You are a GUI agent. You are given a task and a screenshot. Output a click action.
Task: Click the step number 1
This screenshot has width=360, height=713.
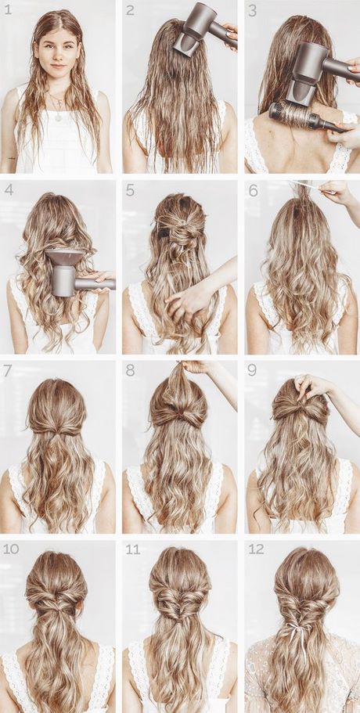click(x=7, y=10)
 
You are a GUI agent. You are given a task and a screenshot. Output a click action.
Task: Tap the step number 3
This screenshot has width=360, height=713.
click(x=252, y=10)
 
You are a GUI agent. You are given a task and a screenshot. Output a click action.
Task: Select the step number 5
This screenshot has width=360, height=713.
click(x=130, y=189)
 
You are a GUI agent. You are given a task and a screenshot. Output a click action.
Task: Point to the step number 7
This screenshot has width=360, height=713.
click(x=7, y=369)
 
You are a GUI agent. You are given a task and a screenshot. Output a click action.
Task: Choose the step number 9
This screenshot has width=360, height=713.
click(x=252, y=369)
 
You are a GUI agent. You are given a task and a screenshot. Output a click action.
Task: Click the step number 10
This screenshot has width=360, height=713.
click(x=10, y=549)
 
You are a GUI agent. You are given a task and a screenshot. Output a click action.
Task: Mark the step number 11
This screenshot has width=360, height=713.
click(x=132, y=549)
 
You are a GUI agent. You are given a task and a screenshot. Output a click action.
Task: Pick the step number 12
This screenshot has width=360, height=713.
click(x=256, y=549)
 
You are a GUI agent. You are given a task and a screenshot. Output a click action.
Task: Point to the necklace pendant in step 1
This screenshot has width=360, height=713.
click(x=57, y=116)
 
